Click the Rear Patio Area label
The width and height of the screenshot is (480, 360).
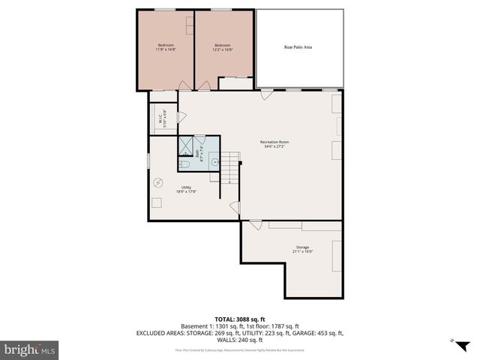pos(298,46)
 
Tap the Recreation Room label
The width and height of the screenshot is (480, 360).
pos(274,142)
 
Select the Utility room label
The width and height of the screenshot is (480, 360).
pos(186,187)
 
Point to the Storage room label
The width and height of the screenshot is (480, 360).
pos(301,247)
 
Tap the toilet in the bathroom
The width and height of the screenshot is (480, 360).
pos(184,164)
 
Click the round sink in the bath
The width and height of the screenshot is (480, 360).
pos(214,160)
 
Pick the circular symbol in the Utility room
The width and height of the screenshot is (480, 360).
pos(158,182)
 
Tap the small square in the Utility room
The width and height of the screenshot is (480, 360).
pos(156,201)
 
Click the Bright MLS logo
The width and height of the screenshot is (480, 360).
pos(30,349)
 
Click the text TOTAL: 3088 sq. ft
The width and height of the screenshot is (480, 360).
pos(239,319)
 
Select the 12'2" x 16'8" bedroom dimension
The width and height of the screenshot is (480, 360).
pos(223,50)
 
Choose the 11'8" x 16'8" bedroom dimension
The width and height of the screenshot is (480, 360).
pos(165,50)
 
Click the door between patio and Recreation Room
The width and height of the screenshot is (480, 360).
pos(266,94)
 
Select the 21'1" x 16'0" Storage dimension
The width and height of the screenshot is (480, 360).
pos(301,252)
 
